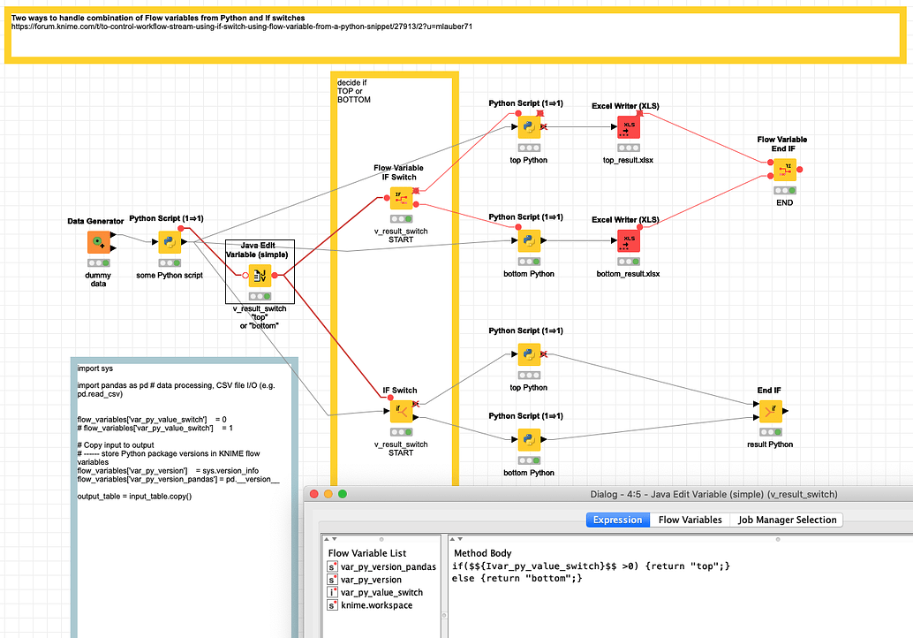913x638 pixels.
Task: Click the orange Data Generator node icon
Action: pos(98,242)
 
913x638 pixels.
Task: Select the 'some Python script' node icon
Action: pos(170,242)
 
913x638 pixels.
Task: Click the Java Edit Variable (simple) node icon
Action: pos(260,276)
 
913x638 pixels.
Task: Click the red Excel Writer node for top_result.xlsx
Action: pos(629,128)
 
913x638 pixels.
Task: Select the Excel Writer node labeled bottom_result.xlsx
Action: pos(629,241)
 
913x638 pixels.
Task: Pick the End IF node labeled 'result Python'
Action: pos(769,411)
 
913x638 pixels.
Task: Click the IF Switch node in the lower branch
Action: pos(401,411)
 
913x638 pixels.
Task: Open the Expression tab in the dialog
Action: pos(617,520)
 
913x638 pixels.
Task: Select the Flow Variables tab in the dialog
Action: pos(690,520)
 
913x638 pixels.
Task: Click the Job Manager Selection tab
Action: pos(788,520)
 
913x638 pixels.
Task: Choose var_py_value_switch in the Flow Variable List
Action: pos(381,592)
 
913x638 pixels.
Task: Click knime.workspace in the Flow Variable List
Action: pos(376,605)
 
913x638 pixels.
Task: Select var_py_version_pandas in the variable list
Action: pos(388,566)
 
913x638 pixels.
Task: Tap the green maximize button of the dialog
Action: pos(343,494)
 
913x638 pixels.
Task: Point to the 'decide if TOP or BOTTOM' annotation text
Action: pos(354,91)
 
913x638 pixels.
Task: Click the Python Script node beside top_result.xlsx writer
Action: pos(529,128)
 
